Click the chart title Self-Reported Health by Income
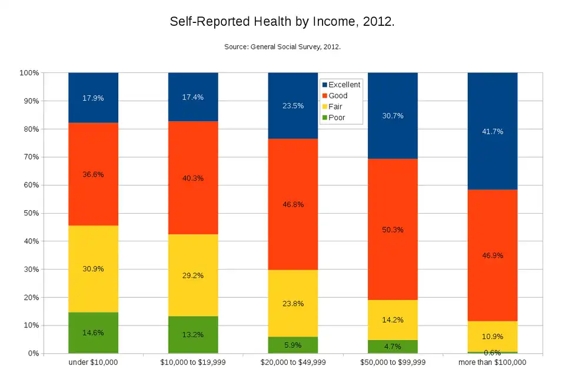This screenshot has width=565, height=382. pos(282,22)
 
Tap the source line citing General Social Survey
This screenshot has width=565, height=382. pos(282,46)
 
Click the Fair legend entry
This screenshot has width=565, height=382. pos(335,107)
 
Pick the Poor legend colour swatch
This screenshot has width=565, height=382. pos(324,118)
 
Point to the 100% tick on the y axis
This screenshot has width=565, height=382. pos(29,73)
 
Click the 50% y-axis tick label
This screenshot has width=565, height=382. pos(31,213)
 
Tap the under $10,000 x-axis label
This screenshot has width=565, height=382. pos(93,363)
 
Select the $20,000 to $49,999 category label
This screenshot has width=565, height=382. pos(293,363)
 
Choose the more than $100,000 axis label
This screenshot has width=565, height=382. pos(492,363)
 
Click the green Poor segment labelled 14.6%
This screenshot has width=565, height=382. pos(93,333)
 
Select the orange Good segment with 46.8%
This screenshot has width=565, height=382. pos(293,204)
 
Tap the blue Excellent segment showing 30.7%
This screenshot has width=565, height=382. pos(393,116)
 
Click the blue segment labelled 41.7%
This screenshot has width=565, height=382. pos(492,131)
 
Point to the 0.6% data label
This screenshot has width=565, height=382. pos(492,353)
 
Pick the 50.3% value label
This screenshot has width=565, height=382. pos(393,230)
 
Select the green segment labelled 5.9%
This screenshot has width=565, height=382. pos(293,346)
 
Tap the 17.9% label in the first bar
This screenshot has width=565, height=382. pos(93,98)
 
